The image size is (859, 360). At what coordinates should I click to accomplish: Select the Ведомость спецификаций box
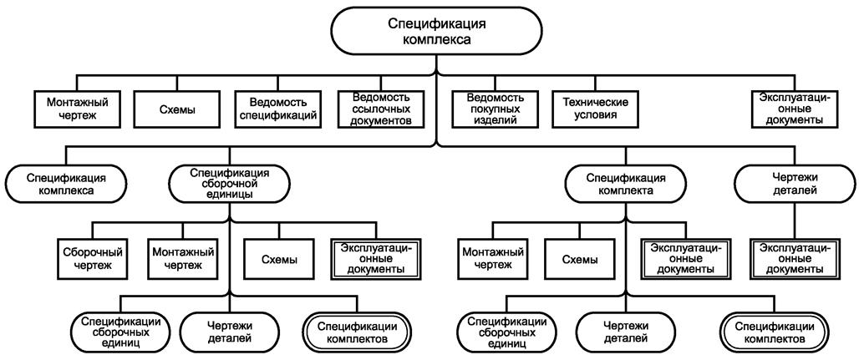pyautogui.click(x=277, y=108)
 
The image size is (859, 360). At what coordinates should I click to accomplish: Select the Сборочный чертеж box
pyautogui.click(x=94, y=257)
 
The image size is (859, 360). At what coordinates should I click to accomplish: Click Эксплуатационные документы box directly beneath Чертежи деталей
pyautogui.click(x=794, y=257)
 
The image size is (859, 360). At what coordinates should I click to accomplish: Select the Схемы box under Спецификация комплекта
pyautogui.click(x=580, y=257)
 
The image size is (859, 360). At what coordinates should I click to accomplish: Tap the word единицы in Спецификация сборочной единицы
pyautogui.click(x=229, y=195)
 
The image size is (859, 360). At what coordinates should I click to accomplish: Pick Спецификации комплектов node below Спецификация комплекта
pyautogui.click(x=774, y=332)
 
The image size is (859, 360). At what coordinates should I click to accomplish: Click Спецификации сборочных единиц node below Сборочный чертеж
pyautogui.click(x=121, y=332)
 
